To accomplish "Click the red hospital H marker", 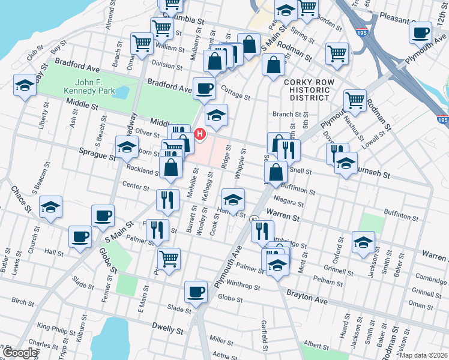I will click(x=200, y=133).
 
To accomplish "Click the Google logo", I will click(x=19, y=353).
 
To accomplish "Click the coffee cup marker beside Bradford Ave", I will click(x=204, y=89).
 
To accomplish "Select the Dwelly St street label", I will click(x=167, y=329).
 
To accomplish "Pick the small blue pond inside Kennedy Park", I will click(x=121, y=92).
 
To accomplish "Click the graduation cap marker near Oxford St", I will click(x=363, y=242).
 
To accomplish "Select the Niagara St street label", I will click(x=289, y=203).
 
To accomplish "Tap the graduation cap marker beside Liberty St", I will click(x=25, y=85).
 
